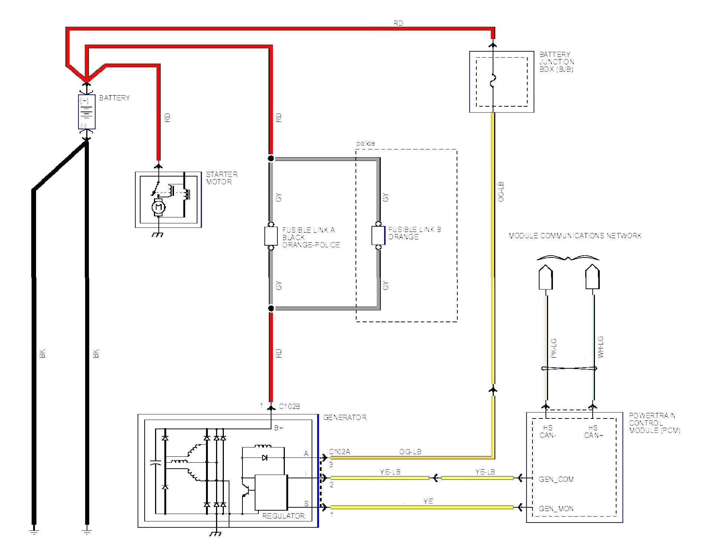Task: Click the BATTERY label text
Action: point(114,98)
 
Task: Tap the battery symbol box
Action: point(87,112)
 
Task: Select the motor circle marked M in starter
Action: point(159,207)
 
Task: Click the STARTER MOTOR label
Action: point(222,178)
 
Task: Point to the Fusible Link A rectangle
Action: point(271,236)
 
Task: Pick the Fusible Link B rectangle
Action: point(378,236)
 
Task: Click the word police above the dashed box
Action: point(365,143)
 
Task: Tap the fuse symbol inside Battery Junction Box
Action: point(493,81)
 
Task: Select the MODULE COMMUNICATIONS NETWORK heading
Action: point(575,236)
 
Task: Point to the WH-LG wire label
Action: point(600,347)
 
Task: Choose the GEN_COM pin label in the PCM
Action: point(556,479)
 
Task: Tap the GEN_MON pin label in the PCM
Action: point(556,508)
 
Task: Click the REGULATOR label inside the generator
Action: point(283,516)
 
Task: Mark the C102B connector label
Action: point(289,406)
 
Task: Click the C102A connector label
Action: point(340,452)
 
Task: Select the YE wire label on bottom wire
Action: point(428,501)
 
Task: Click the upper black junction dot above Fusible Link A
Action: point(271,159)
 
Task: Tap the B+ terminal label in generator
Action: point(279,428)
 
